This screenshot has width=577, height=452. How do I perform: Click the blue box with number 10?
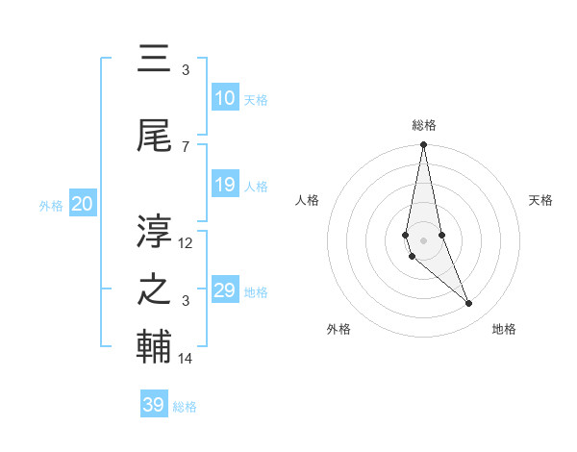(224, 99)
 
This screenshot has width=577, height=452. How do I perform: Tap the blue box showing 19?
(224, 186)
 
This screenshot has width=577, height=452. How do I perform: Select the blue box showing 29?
(224, 290)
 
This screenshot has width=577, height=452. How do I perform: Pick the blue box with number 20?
(83, 204)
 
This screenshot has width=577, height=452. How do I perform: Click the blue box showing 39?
(153, 405)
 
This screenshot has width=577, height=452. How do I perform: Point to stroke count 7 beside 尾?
(186, 146)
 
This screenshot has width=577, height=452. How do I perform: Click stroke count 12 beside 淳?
(186, 243)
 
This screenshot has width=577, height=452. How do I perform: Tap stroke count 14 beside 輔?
(186, 359)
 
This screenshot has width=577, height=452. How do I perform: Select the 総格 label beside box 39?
(185, 407)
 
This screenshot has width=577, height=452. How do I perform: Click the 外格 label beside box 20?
(51, 205)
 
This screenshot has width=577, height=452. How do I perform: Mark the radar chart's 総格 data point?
(423, 145)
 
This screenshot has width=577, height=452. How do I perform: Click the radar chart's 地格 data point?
(469, 304)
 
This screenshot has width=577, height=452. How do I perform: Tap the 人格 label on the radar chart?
(308, 200)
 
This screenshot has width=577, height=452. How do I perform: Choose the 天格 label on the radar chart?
(540, 200)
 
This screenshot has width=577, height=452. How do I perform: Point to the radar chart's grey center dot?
(423, 239)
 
